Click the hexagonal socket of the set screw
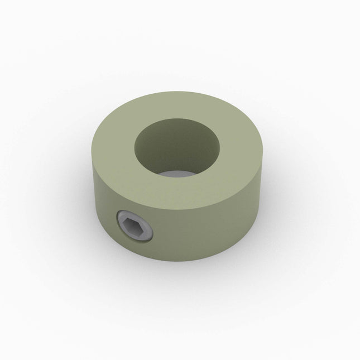click(x=133, y=228)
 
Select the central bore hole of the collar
click(x=176, y=146)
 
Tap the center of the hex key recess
click(x=133, y=228)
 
